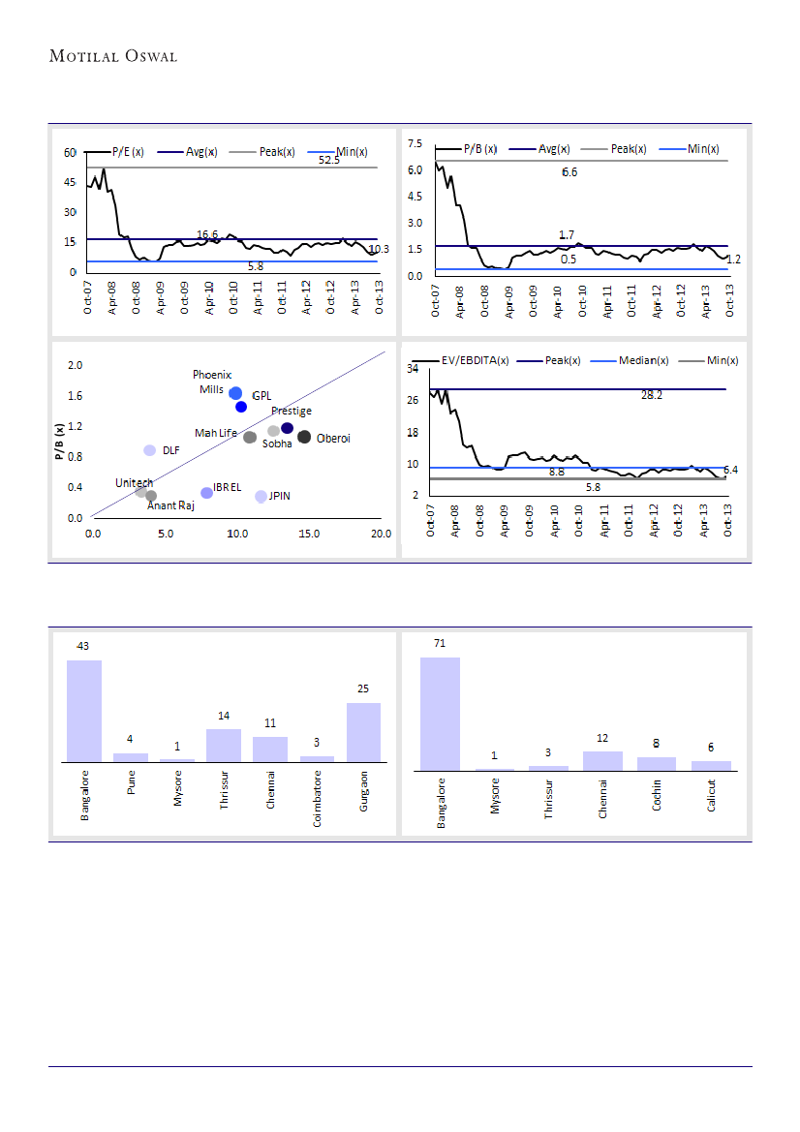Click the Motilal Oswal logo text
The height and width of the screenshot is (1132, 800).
point(113,55)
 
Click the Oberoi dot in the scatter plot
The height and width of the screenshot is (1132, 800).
point(304,437)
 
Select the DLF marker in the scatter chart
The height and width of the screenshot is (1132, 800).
point(150,450)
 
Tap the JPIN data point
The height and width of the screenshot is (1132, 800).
point(261,496)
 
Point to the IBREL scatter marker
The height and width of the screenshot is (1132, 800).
point(206,493)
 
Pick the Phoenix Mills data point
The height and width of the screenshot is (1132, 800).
point(235,392)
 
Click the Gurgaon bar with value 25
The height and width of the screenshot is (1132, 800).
point(363,732)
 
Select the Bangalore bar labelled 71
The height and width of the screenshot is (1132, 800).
point(440,714)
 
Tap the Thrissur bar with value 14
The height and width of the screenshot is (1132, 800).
point(224,746)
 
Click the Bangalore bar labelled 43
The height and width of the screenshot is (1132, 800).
point(84,711)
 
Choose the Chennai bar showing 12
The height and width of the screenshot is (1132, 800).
point(602,760)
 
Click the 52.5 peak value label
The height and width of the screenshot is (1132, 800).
point(329,161)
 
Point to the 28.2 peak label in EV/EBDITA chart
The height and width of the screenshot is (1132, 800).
point(652,395)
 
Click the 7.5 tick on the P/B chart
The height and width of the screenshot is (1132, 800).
point(415,143)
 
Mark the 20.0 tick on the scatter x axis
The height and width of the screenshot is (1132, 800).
point(381,533)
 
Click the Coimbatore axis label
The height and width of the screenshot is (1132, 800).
point(317,800)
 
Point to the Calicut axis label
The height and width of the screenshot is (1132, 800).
point(711,798)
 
